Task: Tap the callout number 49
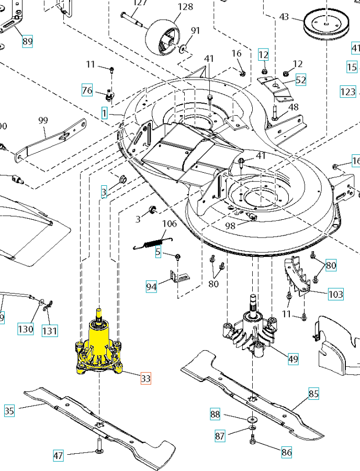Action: tap(294, 359)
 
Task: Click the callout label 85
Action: tap(313, 394)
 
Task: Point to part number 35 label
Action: tap(9, 411)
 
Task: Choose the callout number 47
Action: tap(58, 455)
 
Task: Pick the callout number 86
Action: tap(286, 452)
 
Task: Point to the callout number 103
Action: tap(336, 294)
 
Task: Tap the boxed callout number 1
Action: tap(105, 113)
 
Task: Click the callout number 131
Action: tap(50, 331)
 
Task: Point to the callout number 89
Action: tap(27, 41)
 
